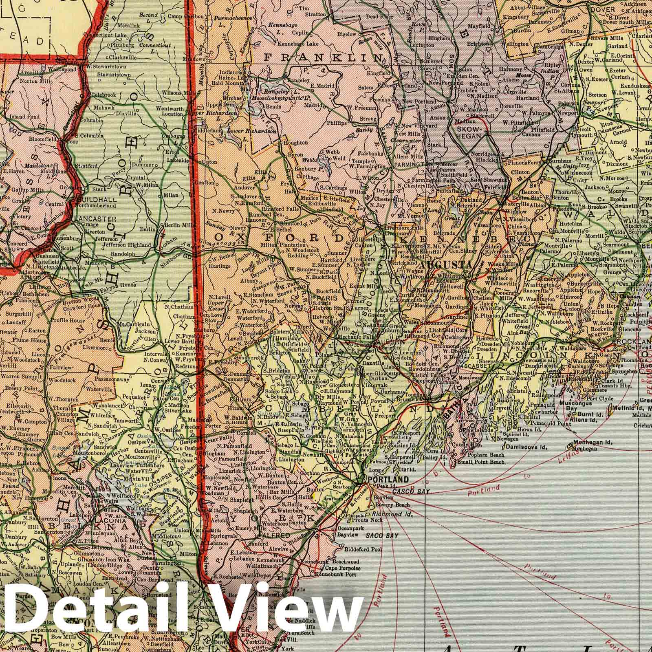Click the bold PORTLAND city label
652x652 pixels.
point(382,480)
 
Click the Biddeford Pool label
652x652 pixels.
point(364,549)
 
